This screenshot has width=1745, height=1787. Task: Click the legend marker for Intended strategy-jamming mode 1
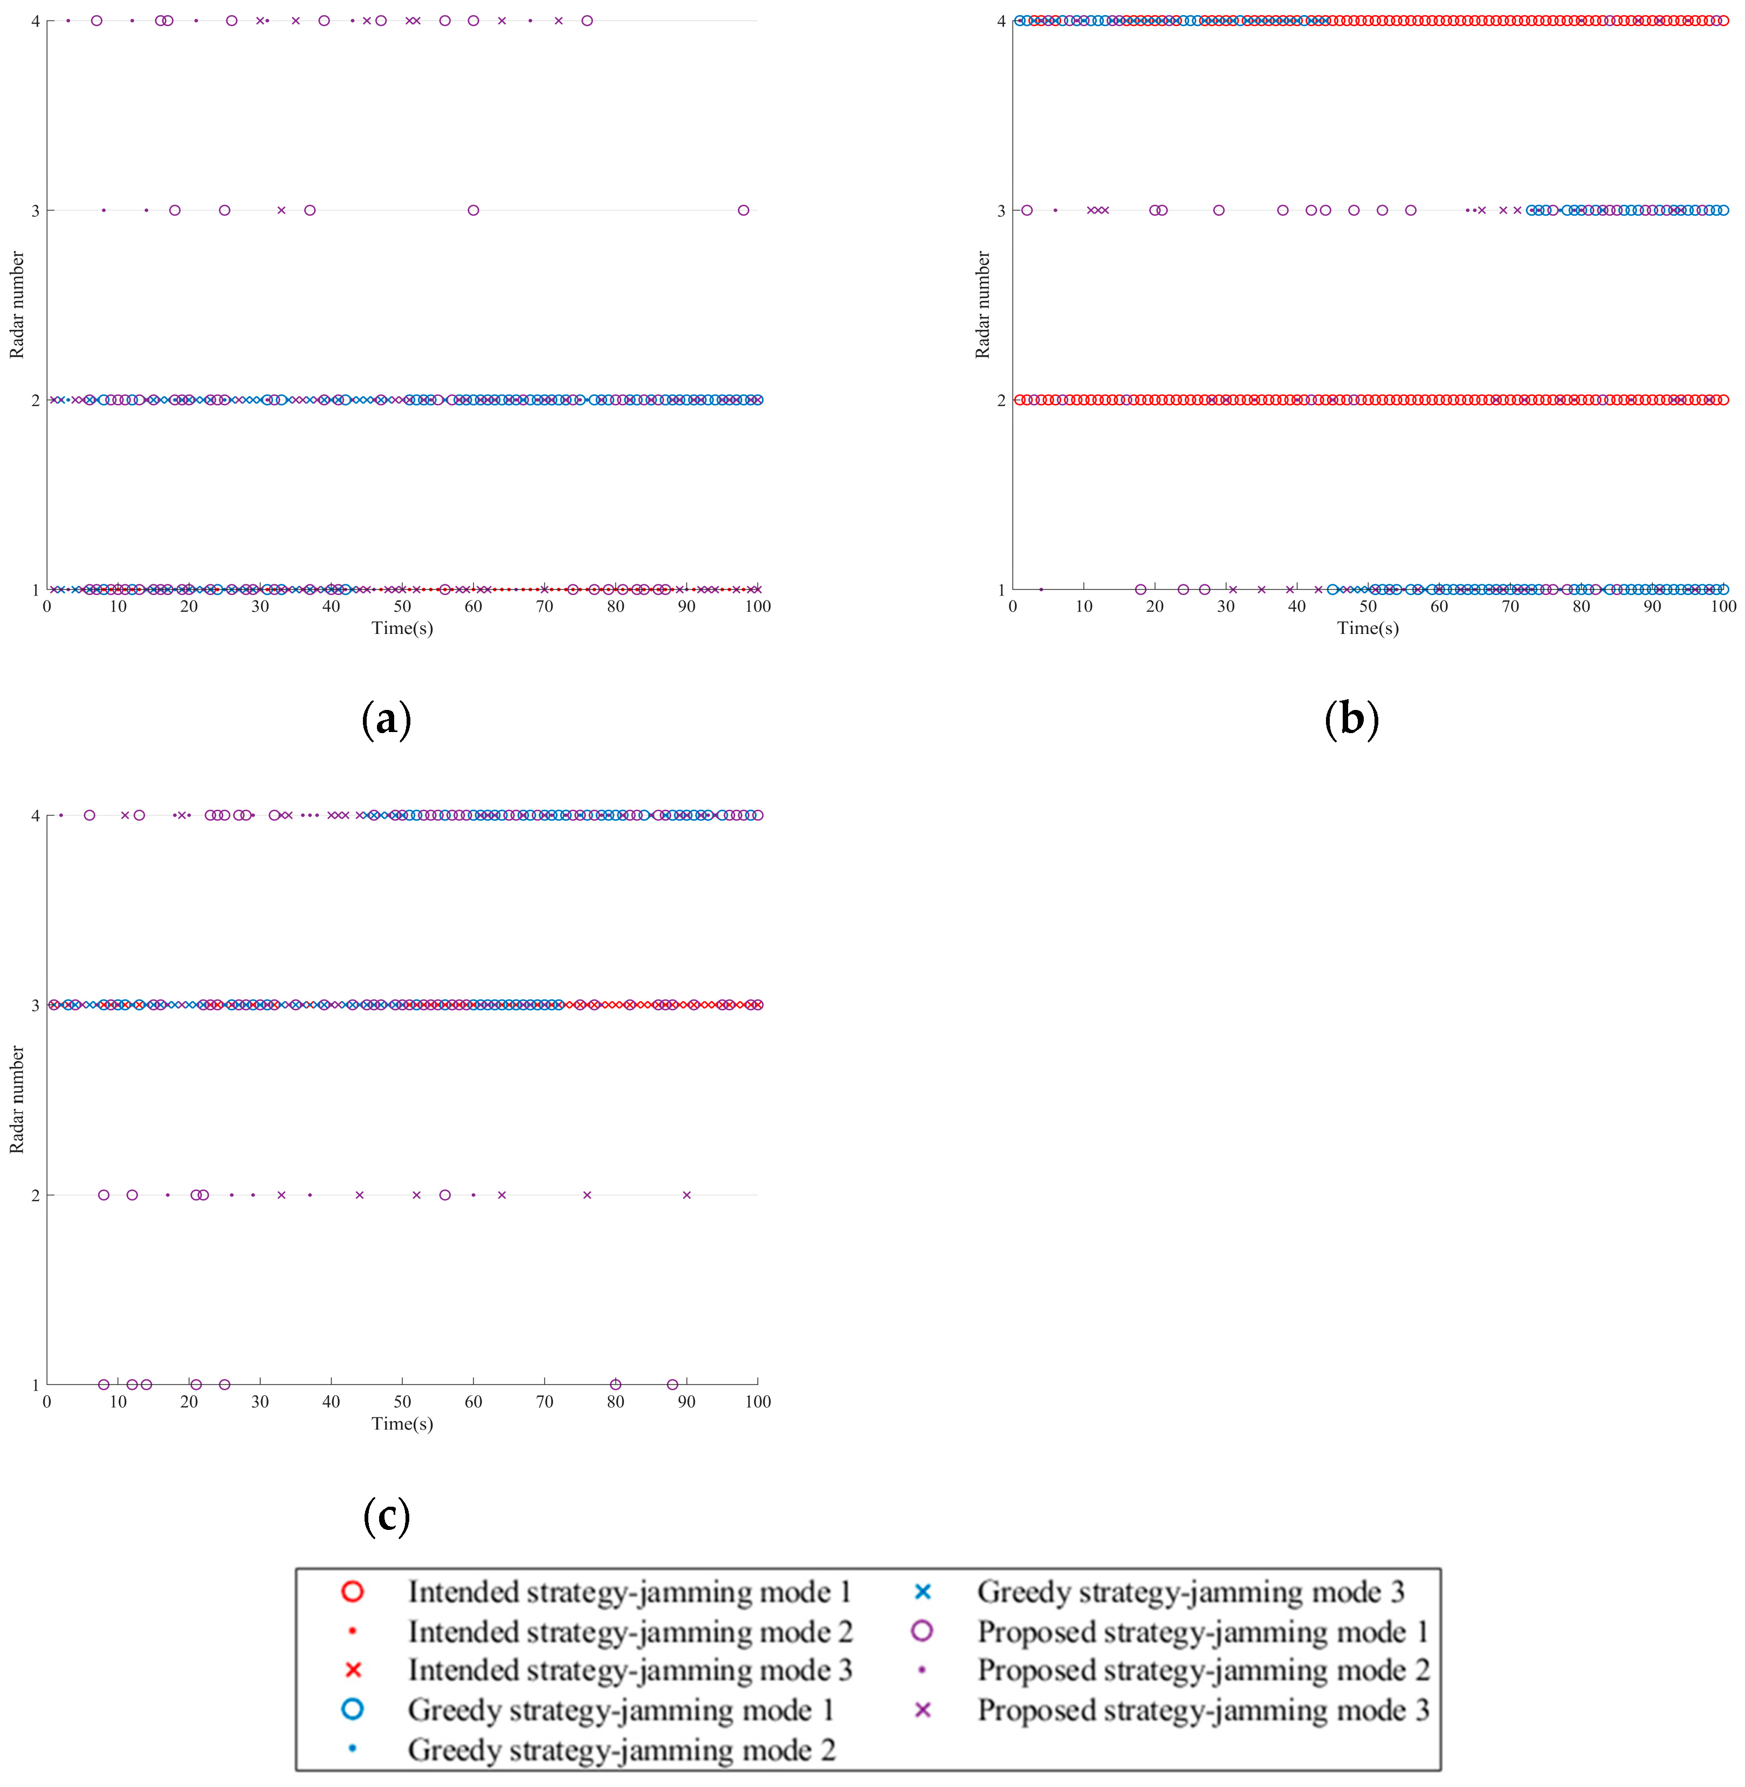[352, 1592]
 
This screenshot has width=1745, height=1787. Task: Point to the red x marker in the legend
[352, 1669]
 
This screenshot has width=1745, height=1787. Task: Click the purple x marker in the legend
[922, 1710]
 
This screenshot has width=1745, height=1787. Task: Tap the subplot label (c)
[386, 1515]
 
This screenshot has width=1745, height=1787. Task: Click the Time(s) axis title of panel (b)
[1368, 627]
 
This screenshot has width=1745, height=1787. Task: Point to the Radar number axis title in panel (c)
[17, 1100]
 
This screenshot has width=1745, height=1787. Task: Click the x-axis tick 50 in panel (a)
[402, 606]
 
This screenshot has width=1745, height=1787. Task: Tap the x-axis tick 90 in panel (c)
[686, 1401]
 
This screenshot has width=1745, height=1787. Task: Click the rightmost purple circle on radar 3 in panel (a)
[743, 210]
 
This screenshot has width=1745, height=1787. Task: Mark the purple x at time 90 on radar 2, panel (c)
[686, 1195]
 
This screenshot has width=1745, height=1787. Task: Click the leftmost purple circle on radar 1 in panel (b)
[1140, 589]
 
